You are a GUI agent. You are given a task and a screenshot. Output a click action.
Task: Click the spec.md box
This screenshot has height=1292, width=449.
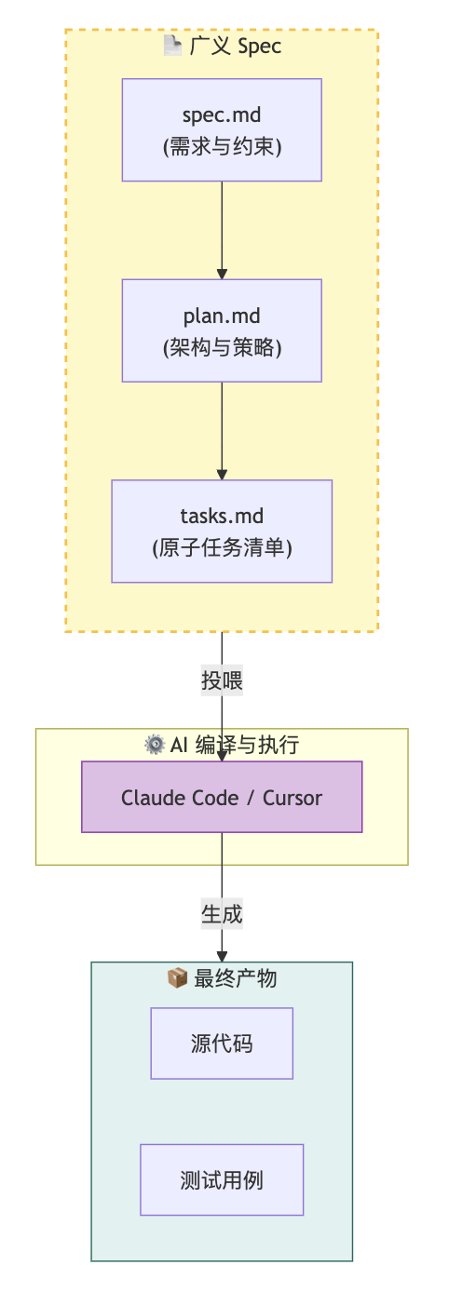point(222,129)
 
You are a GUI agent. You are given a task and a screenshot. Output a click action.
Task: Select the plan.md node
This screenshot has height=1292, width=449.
point(222,330)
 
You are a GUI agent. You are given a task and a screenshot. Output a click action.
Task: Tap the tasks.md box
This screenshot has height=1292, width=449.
point(222,532)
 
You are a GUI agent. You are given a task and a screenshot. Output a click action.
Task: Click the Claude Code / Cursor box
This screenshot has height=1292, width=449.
point(222,797)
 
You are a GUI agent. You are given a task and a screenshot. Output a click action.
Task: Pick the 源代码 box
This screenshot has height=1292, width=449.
point(222,1043)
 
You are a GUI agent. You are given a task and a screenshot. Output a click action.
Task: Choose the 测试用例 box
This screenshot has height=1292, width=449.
point(222,1179)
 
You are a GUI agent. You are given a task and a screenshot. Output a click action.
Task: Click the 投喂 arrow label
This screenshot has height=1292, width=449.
point(222,680)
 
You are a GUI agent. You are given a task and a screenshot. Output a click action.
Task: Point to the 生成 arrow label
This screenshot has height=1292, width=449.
point(222,914)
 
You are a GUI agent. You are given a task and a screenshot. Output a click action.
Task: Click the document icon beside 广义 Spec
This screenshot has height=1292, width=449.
point(172,46)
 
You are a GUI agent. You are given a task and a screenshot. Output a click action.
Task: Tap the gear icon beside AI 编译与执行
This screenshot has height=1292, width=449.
point(154,744)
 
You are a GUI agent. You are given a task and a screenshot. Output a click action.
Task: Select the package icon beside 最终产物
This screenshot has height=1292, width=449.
point(177,977)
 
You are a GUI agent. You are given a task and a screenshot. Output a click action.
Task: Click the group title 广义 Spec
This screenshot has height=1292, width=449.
point(235,47)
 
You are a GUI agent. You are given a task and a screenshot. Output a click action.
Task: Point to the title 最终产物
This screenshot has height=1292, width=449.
point(235,978)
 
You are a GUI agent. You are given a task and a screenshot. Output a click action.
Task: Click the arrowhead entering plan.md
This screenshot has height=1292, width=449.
point(222,274)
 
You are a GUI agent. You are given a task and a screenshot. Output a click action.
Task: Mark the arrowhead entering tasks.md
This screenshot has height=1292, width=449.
point(222,475)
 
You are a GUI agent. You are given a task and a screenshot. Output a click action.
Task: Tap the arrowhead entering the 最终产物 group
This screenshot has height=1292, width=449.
point(222,956)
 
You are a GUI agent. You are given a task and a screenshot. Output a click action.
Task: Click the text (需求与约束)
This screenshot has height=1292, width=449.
point(223,146)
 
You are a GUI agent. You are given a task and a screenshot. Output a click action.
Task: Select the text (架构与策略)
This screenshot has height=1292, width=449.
point(223,347)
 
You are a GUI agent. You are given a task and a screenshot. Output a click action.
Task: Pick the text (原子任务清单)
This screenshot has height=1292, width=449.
point(223,547)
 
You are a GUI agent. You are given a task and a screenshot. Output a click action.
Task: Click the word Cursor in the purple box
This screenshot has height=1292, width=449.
point(292,798)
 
